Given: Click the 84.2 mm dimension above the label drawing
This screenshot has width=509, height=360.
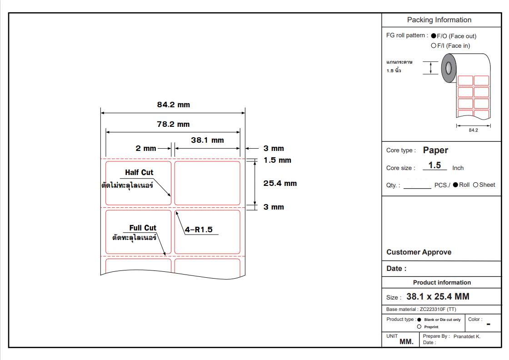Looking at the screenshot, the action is pyautogui.click(x=173, y=105).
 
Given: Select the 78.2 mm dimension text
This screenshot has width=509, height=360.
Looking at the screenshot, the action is pyautogui.click(x=173, y=124).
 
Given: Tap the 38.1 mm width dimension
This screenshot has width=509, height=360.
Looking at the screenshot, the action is pyautogui.click(x=207, y=140).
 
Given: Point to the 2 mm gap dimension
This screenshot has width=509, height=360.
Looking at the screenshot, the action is pyautogui.click(x=146, y=148).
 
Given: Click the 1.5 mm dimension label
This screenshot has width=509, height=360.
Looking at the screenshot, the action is pyautogui.click(x=277, y=160).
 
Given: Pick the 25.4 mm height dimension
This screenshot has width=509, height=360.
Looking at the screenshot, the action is pyautogui.click(x=280, y=183).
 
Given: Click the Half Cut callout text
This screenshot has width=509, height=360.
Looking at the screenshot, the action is pyautogui.click(x=139, y=172).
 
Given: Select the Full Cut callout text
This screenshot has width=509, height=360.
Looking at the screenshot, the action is pyautogui.click(x=143, y=228).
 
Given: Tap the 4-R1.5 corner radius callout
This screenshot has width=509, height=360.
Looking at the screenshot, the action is pyautogui.click(x=199, y=230).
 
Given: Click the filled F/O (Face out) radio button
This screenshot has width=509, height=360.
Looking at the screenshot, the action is pyautogui.click(x=434, y=36).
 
